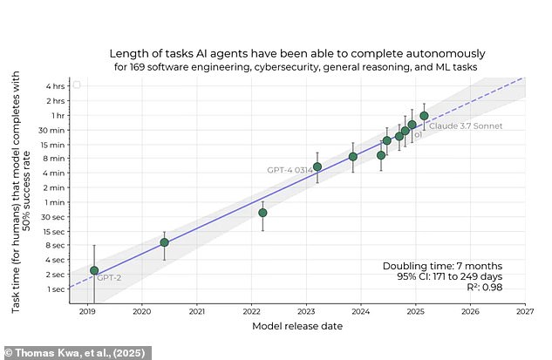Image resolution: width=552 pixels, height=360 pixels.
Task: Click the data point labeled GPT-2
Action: click(94, 270)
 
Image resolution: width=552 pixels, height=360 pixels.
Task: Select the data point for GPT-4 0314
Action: click(317, 166)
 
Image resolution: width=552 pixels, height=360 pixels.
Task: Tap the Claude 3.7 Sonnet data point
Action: click(424, 116)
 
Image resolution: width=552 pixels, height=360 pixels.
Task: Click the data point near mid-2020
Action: click(164, 242)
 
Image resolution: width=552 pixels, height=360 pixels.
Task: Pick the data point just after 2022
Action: click(262, 213)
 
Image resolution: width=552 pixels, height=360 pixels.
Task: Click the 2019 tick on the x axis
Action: click(87, 310)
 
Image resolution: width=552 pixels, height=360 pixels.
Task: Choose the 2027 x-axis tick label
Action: click(525, 310)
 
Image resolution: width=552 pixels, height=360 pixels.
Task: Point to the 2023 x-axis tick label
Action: click(306, 310)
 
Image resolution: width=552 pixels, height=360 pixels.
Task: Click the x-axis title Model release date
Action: click(296, 326)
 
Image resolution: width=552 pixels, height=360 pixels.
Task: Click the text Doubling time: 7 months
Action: click(442, 266)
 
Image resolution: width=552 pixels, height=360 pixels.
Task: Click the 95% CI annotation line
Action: click(449, 277)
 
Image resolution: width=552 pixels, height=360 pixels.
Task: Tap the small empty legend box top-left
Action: click(77, 85)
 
